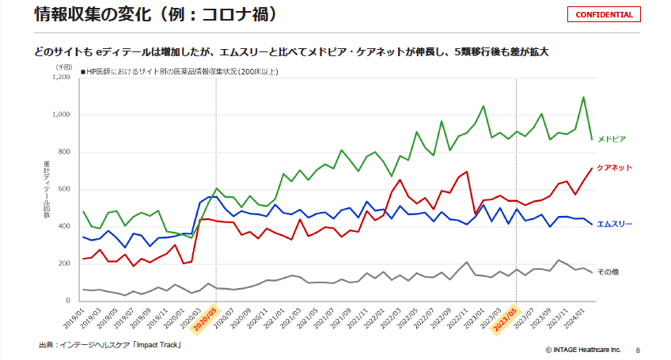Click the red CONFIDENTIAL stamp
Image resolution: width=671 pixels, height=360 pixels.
(x=604, y=14)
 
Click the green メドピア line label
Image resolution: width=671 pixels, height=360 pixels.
(x=612, y=138)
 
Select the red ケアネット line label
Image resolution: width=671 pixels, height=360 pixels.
(x=614, y=168)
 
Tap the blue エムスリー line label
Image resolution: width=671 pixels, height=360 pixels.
(x=614, y=224)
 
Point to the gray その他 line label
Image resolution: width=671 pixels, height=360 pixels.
(x=608, y=271)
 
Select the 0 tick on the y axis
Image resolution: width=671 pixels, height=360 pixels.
(x=70, y=301)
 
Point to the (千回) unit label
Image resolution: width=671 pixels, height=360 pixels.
(x=64, y=67)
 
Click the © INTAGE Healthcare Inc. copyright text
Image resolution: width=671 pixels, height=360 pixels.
(x=583, y=349)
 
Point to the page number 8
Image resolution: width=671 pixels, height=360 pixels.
(x=638, y=349)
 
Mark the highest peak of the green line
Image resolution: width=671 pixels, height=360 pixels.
(x=583, y=97)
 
